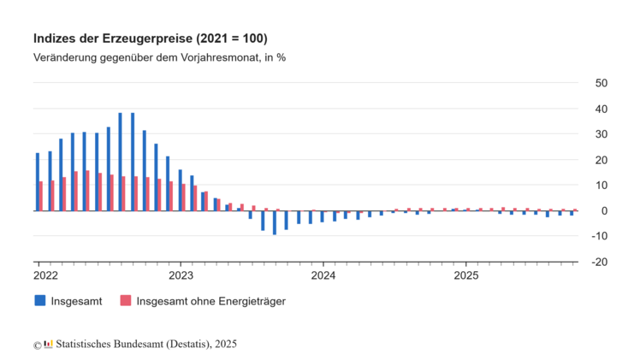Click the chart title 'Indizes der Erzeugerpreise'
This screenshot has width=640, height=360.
150,39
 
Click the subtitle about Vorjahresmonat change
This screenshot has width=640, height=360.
159,58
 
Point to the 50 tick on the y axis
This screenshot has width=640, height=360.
601,83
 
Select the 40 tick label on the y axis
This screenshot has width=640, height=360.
601,109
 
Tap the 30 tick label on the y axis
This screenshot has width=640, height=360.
601,134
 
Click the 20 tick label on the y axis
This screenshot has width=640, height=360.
601,160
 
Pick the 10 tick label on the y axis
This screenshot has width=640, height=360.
601,186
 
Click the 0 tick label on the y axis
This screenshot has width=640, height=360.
603,211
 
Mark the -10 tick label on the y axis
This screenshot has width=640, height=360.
599,236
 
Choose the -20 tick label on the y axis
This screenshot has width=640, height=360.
599,262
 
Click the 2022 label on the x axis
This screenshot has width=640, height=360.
45,275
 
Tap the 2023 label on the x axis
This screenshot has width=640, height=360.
181,275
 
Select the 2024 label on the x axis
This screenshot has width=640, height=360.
323,275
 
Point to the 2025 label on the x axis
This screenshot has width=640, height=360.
465,275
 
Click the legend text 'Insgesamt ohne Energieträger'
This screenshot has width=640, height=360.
210,301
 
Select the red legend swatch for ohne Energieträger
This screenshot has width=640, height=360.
125,300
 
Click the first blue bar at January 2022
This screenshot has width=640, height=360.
38,181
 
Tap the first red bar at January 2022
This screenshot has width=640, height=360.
41,196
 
